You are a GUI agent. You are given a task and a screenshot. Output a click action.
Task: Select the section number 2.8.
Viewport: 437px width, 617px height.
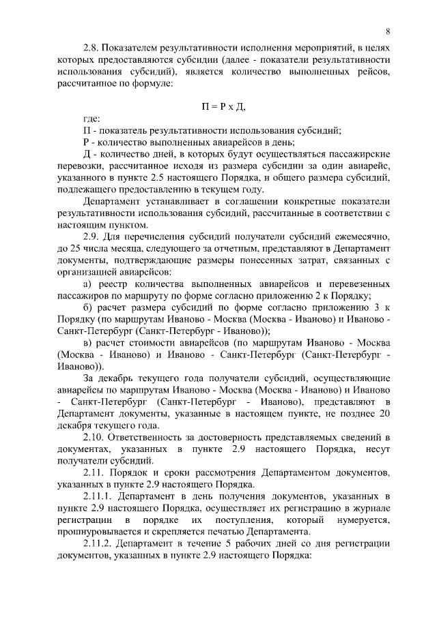(93, 48)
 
